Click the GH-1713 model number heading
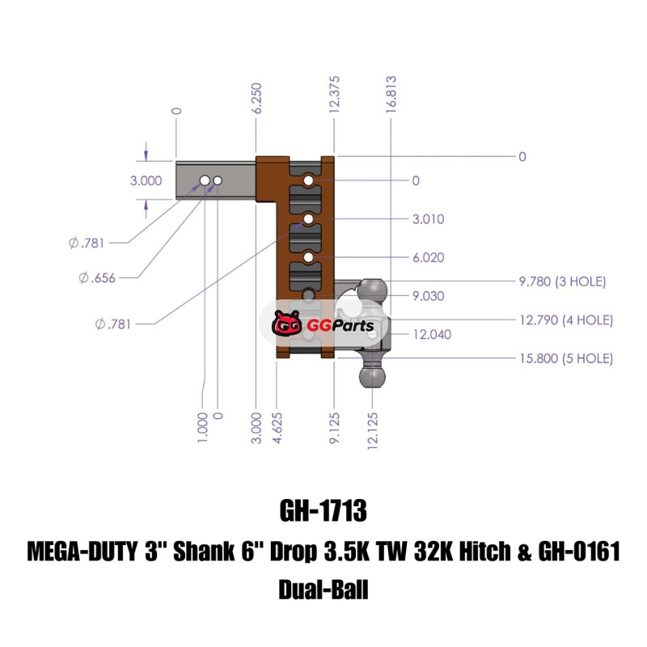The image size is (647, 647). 323,512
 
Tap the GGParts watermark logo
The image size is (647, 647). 323,326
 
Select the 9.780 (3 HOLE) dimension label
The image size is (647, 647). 562,281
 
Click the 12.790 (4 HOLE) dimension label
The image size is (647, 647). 565,320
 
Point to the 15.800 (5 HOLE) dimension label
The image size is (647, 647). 565,358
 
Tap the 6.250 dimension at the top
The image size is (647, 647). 256,99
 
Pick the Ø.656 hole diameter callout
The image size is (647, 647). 97,278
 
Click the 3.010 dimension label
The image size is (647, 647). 428,219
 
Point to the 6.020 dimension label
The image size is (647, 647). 428,257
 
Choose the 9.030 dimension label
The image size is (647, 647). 428,295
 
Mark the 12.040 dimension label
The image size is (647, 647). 432,333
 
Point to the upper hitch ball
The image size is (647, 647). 374,290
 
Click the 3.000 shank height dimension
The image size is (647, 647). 146,180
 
